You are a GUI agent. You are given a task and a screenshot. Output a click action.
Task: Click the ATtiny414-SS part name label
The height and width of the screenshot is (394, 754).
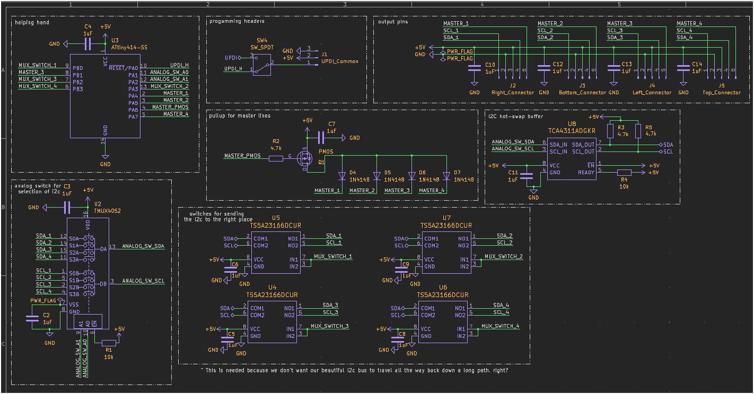pyautogui.click(x=129, y=47)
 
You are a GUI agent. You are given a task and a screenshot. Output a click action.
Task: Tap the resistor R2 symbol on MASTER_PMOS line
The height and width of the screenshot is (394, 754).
pyautogui.click(x=276, y=157)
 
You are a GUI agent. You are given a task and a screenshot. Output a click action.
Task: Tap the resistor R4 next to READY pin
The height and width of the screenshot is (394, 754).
pyautogui.click(x=625, y=172)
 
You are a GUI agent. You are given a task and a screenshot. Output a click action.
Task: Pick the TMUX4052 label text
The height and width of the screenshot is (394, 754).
pyautogui.click(x=108, y=211)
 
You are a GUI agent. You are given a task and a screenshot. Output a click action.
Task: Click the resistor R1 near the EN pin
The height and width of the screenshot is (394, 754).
pyautogui.click(x=109, y=343)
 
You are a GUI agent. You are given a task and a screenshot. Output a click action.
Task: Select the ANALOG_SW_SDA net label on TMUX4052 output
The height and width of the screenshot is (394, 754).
pyautogui.click(x=143, y=246)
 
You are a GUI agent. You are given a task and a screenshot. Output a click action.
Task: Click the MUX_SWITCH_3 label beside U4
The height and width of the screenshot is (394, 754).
pyautogui.click(x=329, y=326)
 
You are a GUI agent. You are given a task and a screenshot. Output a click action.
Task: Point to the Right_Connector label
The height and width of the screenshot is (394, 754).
pyautogui.click(x=513, y=93)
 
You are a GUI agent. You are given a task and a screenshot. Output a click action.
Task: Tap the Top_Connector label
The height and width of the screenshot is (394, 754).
pyautogui.click(x=722, y=93)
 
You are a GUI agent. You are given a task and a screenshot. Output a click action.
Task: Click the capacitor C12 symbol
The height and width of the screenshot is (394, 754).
pyautogui.click(x=544, y=68)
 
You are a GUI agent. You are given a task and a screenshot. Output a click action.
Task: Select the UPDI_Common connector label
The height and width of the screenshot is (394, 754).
pyautogui.click(x=339, y=61)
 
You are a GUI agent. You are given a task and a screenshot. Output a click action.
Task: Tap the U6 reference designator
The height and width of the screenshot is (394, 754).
pyautogui.click(x=443, y=288)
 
